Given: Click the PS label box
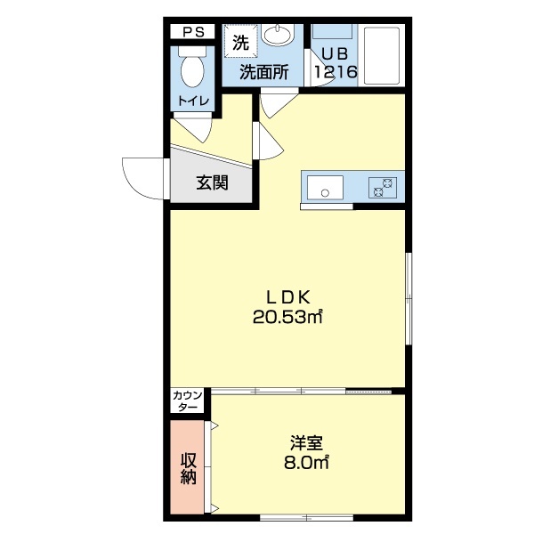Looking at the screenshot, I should pyautogui.click(x=193, y=31).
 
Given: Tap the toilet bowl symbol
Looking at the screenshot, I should pyautogui.click(x=192, y=66).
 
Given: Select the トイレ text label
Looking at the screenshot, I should pyautogui.click(x=193, y=101).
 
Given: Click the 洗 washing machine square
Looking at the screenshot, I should pyautogui.click(x=240, y=42).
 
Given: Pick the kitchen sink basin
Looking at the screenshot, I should pyautogui.click(x=325, y=188).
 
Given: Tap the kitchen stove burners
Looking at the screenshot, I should pyautogui.click(x=384, y=187).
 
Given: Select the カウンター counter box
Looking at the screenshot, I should pyautogui.click(x=189, y=400).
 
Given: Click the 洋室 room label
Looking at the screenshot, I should pyautogui.click(x=305, y=442).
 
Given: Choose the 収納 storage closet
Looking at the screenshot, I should pyautogui.click(x=188, y=468).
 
